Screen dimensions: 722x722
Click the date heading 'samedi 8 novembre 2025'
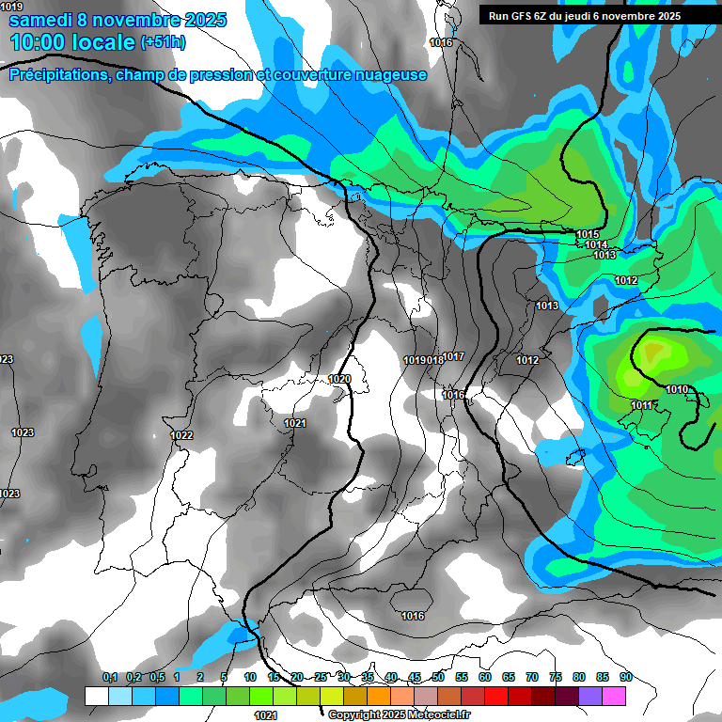coord(118,20)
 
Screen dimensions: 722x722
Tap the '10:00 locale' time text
coord(73,42)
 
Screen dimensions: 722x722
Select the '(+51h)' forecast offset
coord(163,43)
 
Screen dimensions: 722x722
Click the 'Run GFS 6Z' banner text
coord(527,15)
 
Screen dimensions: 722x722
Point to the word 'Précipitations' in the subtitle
coord(59,75)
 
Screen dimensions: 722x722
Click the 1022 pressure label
coord(182,435)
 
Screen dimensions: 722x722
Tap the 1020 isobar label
coord(339,379)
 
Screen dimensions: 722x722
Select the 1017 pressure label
coord(454,356)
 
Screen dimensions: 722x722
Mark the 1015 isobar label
coord(588,234)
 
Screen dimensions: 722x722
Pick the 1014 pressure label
coord(596,244)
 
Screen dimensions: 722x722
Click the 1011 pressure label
coord(642,405)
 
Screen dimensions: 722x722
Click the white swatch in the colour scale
coord(96,696)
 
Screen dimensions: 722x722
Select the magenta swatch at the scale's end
coord(614,696)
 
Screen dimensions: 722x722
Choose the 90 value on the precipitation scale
coord(625,677)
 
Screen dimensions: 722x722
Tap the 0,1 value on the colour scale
coord(110,677)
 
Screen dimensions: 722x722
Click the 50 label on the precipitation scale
coord(438,677)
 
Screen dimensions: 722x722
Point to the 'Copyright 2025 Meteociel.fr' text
coord(412,714)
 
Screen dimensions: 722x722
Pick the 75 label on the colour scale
coord(555,677)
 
